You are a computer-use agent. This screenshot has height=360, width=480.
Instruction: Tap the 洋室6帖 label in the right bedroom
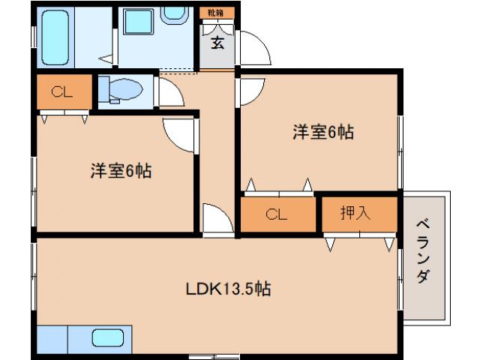(323, 133)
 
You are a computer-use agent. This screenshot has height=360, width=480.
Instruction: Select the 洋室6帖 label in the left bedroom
(121, 171)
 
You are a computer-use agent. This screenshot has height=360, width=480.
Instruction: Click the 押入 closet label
(356, 213)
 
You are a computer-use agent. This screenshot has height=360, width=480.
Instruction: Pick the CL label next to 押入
(277, 214)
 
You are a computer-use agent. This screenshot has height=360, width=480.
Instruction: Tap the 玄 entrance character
(217, 43)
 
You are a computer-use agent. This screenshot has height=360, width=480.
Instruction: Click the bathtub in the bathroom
(55, 36)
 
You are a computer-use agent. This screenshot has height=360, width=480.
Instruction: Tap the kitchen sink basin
(107, 337)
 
